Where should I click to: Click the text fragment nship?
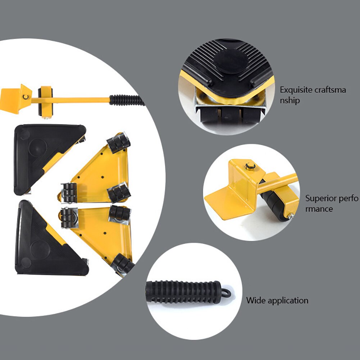(290, 101)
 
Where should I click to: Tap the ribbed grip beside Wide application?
(183, 292)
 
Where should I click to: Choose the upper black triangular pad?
(43, 155)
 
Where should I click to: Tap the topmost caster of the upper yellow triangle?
(119, 142)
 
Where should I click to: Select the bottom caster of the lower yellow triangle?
(123, 265)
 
